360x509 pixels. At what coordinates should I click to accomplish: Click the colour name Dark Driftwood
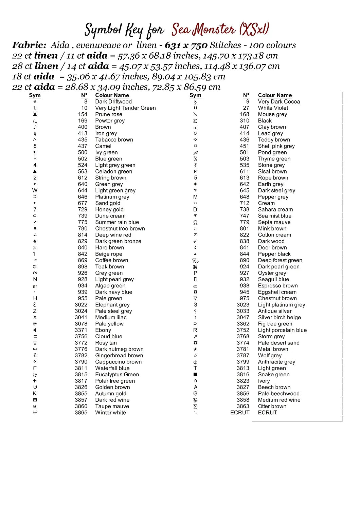113,101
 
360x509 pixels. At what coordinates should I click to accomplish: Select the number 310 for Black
244,120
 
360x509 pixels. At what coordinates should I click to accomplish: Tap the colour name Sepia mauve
274,222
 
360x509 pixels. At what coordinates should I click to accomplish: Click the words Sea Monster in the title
203,30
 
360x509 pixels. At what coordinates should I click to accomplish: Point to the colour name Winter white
110,413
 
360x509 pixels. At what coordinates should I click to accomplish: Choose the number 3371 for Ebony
81,330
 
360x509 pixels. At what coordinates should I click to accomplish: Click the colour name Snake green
274,375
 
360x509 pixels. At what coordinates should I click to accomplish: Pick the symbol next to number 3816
195,375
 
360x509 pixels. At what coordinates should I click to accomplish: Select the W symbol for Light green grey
35,190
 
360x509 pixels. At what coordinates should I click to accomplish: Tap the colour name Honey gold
109,209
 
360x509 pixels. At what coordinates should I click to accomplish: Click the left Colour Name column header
112,95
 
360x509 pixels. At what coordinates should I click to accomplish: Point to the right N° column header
246,95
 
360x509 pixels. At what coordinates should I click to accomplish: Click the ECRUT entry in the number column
240,413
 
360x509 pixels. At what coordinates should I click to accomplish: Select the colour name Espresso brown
277,286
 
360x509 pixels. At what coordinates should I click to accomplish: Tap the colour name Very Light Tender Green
125,108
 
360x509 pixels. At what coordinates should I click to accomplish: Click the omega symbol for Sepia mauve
195,222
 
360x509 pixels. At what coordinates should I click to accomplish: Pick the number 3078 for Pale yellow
81,324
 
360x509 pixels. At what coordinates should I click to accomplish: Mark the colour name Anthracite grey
276,362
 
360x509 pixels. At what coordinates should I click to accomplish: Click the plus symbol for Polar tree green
35,381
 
